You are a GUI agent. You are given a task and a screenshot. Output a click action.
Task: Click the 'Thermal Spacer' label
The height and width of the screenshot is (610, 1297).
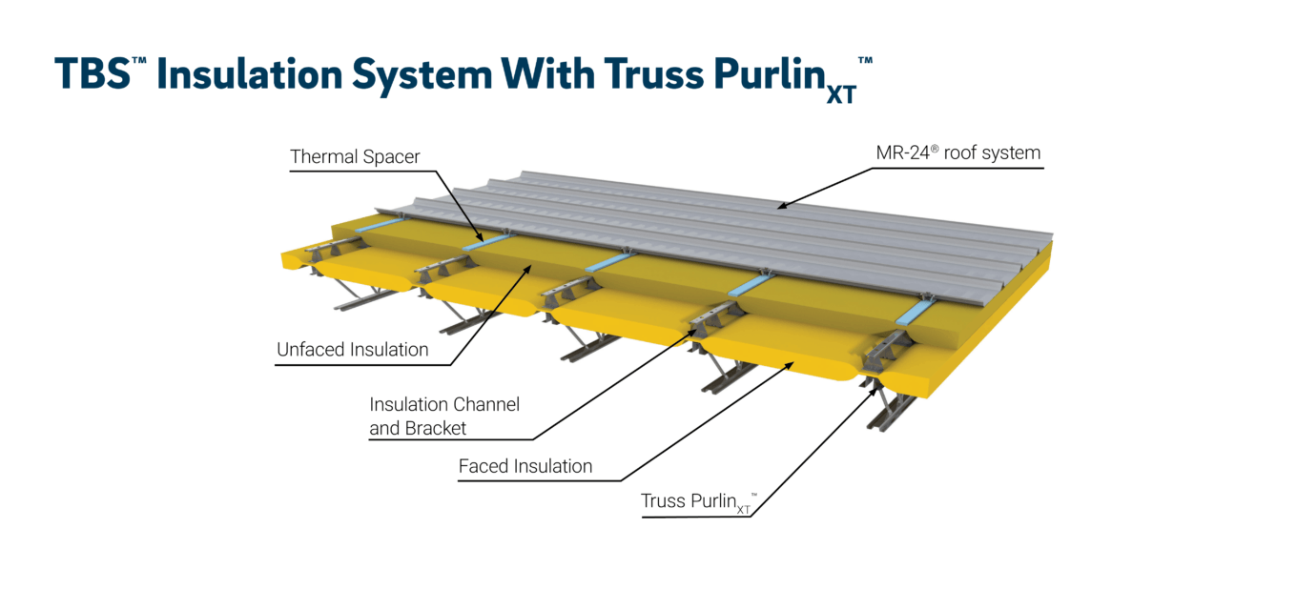click(x=355, y=157)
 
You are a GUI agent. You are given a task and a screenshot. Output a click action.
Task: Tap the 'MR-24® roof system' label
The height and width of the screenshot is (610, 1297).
click(x=957, y=152)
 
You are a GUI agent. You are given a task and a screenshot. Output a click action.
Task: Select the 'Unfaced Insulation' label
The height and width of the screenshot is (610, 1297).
click(x=352, y=350)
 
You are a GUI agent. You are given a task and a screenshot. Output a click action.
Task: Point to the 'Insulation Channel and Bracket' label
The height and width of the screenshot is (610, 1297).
click(x=444, y=417)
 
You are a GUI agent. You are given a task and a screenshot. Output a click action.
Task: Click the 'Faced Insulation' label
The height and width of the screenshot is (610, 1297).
click(x=525, y=466)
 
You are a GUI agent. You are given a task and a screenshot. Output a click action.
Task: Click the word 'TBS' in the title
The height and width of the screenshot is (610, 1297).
click(x=93, y=74)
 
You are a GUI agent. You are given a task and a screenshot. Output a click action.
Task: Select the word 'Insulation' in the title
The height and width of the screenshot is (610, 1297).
click(x=246, y=74)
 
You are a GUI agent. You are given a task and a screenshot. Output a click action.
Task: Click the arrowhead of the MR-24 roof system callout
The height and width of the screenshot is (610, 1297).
click(x=779, y=205)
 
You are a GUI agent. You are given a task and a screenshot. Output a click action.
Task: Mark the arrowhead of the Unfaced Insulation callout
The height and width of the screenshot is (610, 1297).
click(x=531, y=270)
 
